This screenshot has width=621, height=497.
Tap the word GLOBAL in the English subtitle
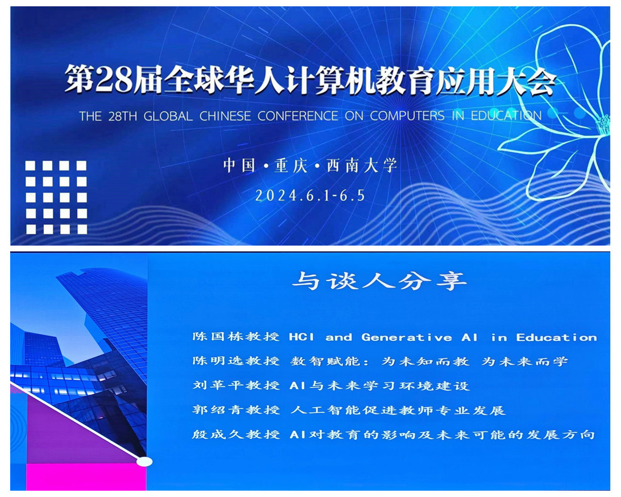click(x=168, y=116)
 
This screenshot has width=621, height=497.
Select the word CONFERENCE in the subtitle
click(x=298, y=116)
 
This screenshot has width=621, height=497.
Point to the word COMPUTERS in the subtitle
click(x=407, y=116)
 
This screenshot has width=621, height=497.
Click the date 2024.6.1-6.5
click(x=310, y=196)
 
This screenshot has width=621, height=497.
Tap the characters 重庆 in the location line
click(x=291, y=166)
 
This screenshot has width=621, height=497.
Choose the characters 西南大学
click(x=362, y=166)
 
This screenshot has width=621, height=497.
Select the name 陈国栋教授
click(x=236, y=337)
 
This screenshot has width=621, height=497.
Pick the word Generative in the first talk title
click(x=407, y=337)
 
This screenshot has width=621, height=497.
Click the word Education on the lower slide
click(x=556, y=337)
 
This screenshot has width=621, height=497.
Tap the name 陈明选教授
click(x=236, y=361)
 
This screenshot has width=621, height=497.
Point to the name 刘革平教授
click(x=236, y=385)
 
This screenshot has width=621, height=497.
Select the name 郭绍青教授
click(x=236, y=410)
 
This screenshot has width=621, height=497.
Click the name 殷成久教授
click(x=236, y=434)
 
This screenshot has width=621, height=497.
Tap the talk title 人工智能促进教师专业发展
click(x=398, y=410)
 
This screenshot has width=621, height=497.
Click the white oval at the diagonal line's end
click(x=144, y=462)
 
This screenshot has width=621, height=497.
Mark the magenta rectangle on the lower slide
click(x=86, y=477)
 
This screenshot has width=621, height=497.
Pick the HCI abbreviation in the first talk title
click(x=302, y=337)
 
